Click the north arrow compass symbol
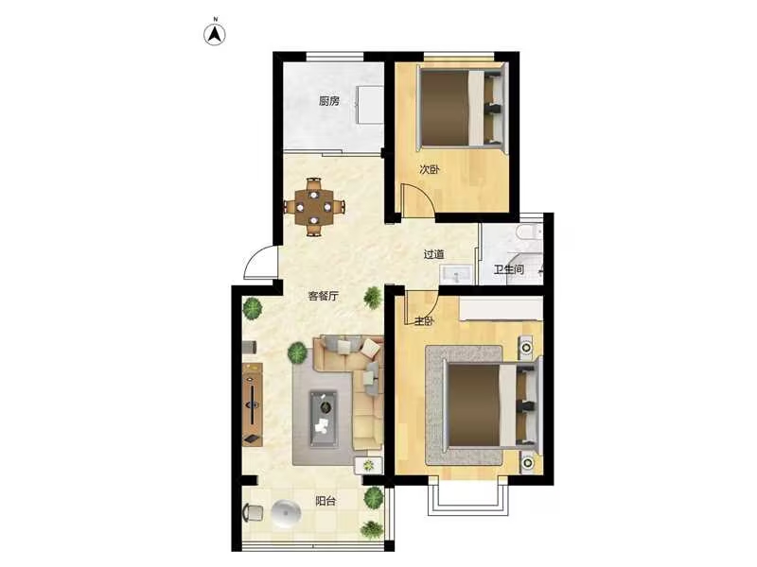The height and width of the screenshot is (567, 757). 215,33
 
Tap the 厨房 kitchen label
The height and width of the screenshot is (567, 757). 329,101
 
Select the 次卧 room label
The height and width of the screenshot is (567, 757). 430,169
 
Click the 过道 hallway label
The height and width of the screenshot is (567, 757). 433,254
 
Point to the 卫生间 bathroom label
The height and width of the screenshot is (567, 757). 508,269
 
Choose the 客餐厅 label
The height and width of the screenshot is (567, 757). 324,296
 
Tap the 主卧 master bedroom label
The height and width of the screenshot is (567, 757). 424,320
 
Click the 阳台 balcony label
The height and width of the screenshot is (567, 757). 326,501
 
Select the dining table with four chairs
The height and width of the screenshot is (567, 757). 314,207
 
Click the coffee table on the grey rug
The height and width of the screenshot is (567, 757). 324,419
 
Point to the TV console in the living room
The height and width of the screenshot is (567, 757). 252,404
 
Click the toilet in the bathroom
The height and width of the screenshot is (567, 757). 529,232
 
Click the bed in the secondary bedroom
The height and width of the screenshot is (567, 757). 462,108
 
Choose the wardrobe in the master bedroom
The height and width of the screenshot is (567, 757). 501,309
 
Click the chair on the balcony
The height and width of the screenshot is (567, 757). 253,512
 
